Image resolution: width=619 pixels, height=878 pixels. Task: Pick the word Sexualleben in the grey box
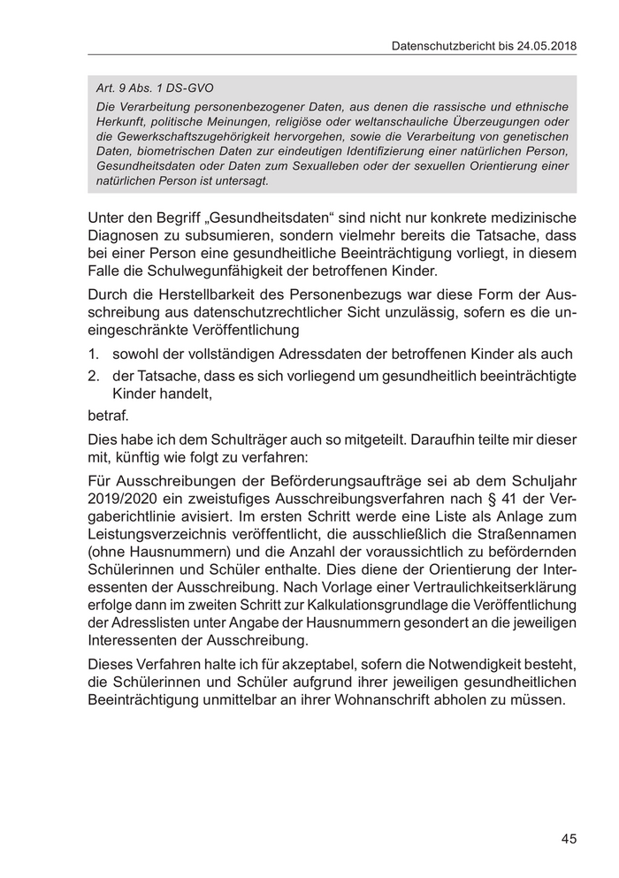(371, 166)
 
